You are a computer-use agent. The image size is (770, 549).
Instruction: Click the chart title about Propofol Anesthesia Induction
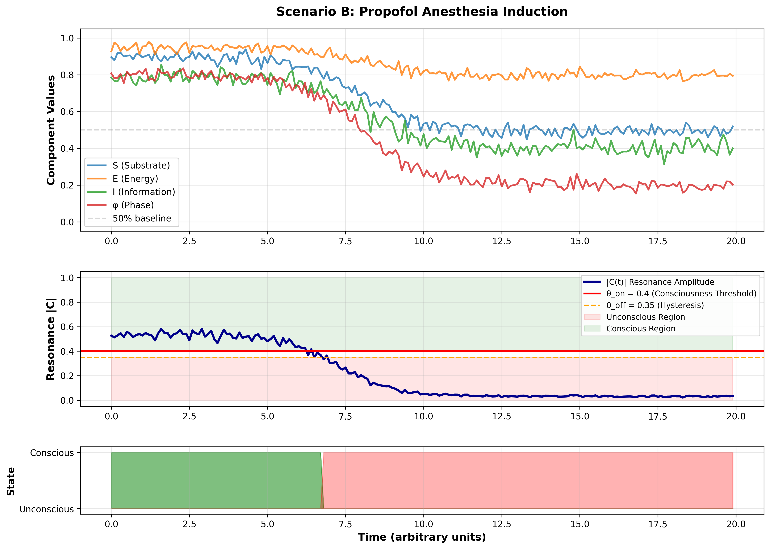coord(422,12)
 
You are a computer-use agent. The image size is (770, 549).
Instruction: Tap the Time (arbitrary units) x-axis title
coord(422,537)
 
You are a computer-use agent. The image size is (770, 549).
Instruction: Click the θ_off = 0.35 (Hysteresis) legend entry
coord(655,305)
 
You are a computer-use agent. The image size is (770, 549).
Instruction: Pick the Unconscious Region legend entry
coord(645,317)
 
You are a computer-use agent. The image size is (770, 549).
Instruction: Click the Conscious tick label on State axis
coord(52,453)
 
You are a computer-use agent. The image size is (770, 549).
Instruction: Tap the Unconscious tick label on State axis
coord(47,509)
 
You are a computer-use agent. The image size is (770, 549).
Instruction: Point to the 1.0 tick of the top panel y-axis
coord(67,38)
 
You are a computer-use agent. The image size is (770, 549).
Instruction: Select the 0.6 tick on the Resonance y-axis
coord(67,327)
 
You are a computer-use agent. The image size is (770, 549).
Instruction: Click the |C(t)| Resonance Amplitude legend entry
coord(660,282)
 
